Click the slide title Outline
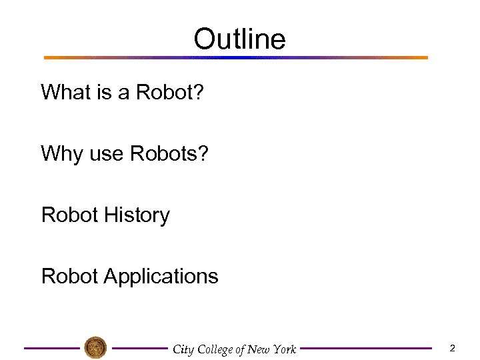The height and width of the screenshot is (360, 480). (239, 39)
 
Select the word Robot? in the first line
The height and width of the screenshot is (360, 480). (169, 92)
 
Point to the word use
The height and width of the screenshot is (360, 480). (106, 155)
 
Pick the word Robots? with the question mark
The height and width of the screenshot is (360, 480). (169, 153)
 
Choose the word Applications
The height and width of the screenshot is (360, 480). (161, 277)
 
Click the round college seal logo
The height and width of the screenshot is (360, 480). (95, 347)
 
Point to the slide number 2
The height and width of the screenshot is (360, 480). (452, 348)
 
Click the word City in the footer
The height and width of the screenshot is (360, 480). (183, 349)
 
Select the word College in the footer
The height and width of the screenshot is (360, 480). (215, 349)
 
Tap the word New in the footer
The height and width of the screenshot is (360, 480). (257, 349)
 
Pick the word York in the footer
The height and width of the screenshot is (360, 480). (283, 349)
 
